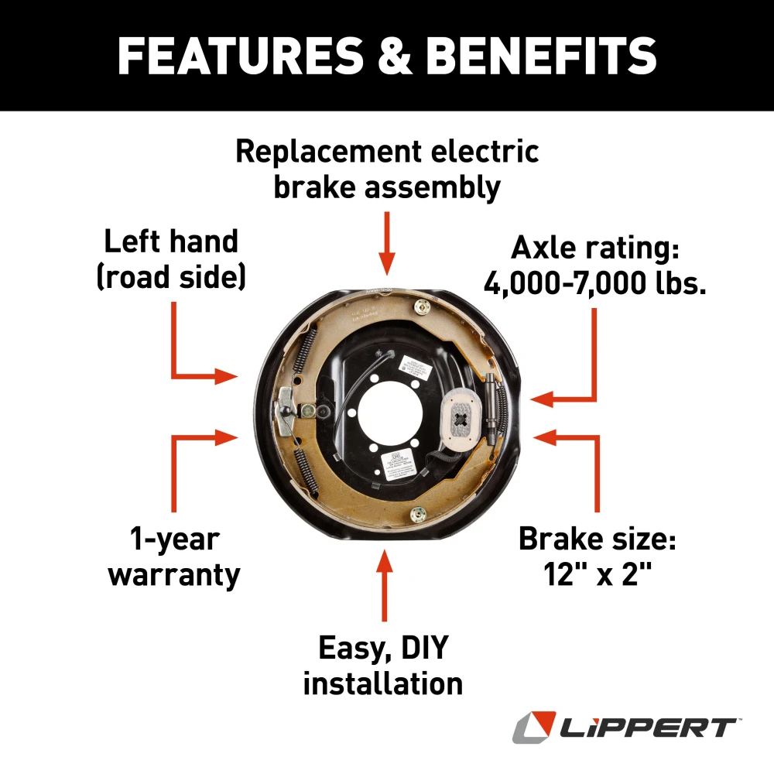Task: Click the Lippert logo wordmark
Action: pyautogui.click(x=649, y=728)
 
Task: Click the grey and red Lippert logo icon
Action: pyautogui.click(x=533, y=728)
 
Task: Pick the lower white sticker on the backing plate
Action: pyautogui.click(x=395, y=464)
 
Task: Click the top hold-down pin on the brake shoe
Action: pyautogui.click(x=423, y=308)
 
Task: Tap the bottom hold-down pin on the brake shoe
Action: pyautogui.click(x=418, y=514)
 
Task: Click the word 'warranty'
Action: pyautogui.click(x=173, y=575)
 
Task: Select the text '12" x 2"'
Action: pyautogui.click(x=596, y=575)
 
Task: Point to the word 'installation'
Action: pyautogui.click(x=383, y=683)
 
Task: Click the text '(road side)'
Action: pyautogui.click(x=171, y=277)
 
